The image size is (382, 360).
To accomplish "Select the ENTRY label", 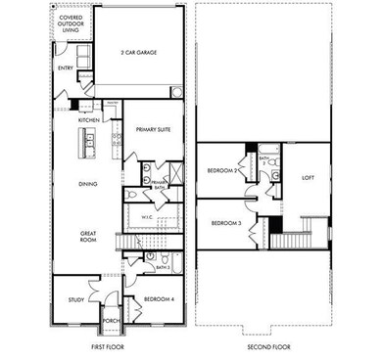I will click(x=65, y=67).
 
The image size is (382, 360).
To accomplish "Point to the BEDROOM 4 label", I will click(x=159, y=299).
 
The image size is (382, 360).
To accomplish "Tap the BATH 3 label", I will click(x=163, y=266).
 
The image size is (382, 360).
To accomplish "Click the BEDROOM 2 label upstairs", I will click(x=222, y=170).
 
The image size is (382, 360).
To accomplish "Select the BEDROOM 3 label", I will click(x=225, y=224).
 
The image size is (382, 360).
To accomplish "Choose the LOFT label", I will click(x=308, y=178).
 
